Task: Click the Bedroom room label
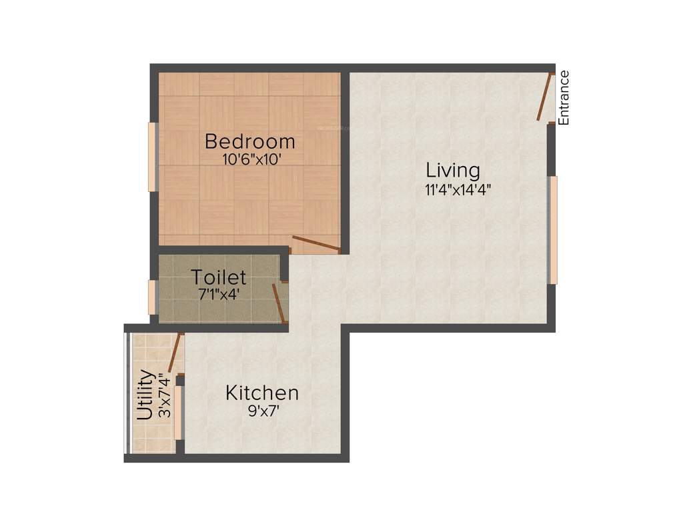[x=249, y=142]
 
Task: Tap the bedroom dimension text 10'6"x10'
[x=249, y=159]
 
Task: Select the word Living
[x=453, y=171]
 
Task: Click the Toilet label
[x=218, y=277]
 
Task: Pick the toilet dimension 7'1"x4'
[x=218, y=293]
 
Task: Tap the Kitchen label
[x=261, y=393]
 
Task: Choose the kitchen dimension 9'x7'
[x=263, y=411]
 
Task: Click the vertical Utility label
[x=145, y=395]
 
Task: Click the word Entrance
[x=564, y=98]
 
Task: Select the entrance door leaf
[x=545, y=97]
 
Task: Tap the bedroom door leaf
[x=316, y=245]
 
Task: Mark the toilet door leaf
[x=279, y=304]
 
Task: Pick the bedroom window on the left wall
[x=152, y=157]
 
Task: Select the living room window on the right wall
[x=553, y=230]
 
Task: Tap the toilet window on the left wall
[x=152, y=297]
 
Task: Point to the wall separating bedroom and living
[x=346, y=160]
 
